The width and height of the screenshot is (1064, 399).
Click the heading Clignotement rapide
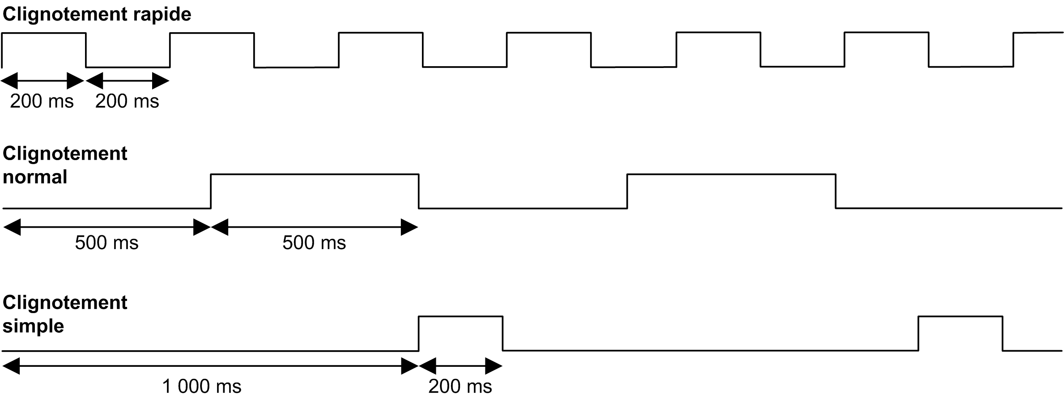(97, 14)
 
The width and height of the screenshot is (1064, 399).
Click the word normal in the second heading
(35, 177)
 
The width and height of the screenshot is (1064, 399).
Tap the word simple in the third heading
(33, 326)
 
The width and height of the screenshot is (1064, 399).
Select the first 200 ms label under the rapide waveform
(42, 102)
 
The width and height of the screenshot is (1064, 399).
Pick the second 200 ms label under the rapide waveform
(127, 102)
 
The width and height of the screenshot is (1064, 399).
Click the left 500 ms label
(106, 243)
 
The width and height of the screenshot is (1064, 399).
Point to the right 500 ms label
(314, 243)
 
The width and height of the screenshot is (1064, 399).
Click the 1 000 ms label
(201, 386)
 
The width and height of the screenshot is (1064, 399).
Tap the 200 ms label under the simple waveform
(460, 386)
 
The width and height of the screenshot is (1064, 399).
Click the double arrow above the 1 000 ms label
(210, 366)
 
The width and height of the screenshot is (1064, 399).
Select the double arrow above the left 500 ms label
(106, 227)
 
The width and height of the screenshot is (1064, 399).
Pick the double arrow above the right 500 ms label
(315, 227)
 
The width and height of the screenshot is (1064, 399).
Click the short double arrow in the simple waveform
(460, 366)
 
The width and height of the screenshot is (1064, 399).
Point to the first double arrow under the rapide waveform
(43, 81)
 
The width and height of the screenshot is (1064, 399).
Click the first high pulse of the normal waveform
(315, 175)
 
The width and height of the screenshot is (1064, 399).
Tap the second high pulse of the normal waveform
(731, 175)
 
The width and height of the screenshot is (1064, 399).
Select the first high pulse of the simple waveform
(460, 317)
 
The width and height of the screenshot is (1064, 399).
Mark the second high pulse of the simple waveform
(960, 317)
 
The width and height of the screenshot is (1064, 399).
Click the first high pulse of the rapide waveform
(43, 33)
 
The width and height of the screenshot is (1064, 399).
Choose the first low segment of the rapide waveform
(128, 67)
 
